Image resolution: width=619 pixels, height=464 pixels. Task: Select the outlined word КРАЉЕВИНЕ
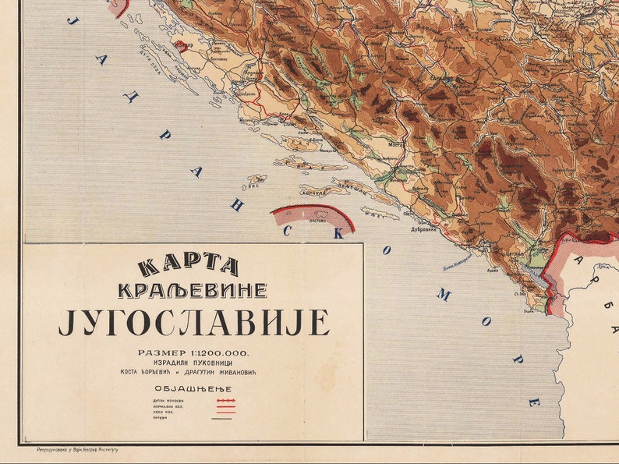pos(192,291)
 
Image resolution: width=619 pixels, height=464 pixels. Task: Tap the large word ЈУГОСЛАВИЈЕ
pos(193,322)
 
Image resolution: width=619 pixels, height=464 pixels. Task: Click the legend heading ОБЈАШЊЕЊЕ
pos(193,388)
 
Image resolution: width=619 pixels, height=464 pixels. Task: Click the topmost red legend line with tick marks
pos(226,400)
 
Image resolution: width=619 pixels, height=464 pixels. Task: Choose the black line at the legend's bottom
pos(226,419)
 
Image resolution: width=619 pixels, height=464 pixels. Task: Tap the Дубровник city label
pos(422,230)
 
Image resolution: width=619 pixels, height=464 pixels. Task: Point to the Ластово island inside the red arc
pos(316,221)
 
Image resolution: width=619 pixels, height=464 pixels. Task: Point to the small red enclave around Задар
pos(181,46)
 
